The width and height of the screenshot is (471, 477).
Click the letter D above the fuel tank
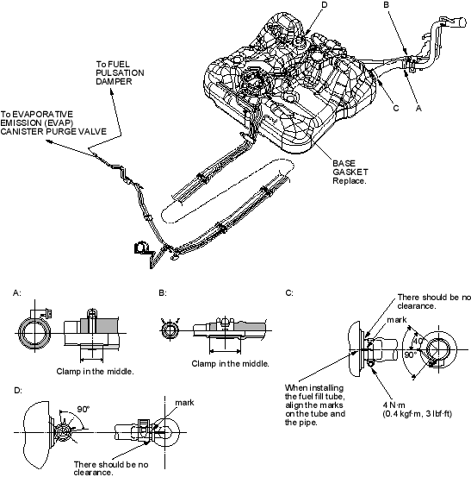(324, 5)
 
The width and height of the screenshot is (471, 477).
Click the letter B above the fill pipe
(387, 5)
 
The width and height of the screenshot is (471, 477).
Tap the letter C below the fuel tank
(396, 109)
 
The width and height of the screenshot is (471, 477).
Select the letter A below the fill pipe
(418, 109)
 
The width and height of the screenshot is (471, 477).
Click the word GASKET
(350, 172)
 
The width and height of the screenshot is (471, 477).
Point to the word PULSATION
(120, 73)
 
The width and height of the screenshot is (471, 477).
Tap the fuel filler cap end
(460, 22)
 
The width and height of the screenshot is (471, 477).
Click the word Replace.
(350, 180)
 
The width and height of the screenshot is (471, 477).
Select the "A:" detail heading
(17, 292)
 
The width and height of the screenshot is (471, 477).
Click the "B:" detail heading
(163, 292)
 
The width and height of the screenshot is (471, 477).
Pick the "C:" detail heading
(289, 292)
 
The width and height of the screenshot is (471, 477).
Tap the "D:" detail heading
(18, 390)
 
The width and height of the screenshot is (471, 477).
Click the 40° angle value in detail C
(418, 341)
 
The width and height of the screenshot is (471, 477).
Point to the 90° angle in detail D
(84, 409)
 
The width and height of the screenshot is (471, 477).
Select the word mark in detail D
(184, 403)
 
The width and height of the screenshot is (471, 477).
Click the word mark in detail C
(397, 320)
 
